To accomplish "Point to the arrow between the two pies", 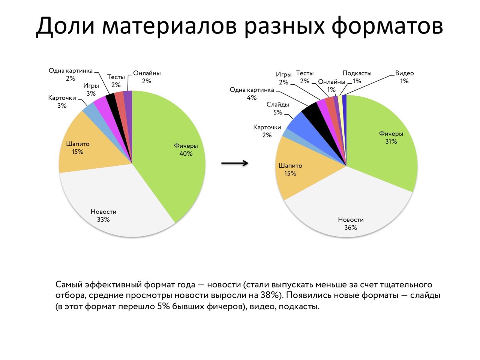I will pos(235,163).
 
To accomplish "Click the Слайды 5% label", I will pos(277,108).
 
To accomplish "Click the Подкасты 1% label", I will pos(357,77).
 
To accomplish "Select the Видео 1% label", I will pos(404,77).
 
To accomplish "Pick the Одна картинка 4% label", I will pos(252,94).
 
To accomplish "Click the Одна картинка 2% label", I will pos(70,75).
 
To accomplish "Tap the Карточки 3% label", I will pos(62,102).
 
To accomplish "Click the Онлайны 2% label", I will pos(147,77).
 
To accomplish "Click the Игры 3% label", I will pos(91,90).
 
